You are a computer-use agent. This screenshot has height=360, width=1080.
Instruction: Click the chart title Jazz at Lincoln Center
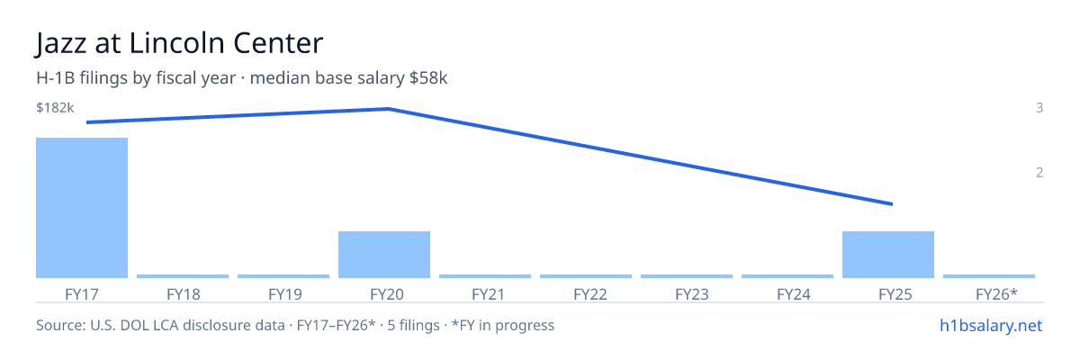(179, 43)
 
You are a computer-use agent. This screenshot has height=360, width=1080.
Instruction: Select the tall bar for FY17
(82, 208)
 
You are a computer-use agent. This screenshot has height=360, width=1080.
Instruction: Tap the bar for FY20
(384, 255)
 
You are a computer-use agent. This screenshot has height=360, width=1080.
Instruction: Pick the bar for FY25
(888, 255)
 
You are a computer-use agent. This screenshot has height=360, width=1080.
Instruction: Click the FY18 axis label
(184, 294)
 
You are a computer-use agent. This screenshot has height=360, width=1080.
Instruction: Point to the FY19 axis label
(285, 294)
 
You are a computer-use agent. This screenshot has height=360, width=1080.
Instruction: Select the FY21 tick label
(488, 294)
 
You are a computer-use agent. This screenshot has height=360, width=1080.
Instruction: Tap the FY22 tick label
(590, 294)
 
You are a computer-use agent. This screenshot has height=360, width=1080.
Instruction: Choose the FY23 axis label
(692, 294)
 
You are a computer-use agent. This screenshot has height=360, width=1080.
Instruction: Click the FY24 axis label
(794, 294)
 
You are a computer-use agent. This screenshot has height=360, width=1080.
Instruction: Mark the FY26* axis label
(996, 294)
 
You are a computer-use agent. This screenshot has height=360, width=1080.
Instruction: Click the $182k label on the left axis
(55, 108)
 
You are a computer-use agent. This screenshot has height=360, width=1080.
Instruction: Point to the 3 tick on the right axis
(1039, 108)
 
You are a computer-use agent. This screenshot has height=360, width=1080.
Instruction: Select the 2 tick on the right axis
(1039, 173)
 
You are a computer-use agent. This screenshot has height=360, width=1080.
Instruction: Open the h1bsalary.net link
(991, 326)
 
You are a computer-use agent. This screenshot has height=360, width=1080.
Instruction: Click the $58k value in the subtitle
(428, 78)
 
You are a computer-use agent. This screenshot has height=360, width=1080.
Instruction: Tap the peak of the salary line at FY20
(389, 109)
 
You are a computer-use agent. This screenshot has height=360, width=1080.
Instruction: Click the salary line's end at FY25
(893, 204)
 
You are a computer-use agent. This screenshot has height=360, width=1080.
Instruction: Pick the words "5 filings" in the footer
(414, 326)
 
